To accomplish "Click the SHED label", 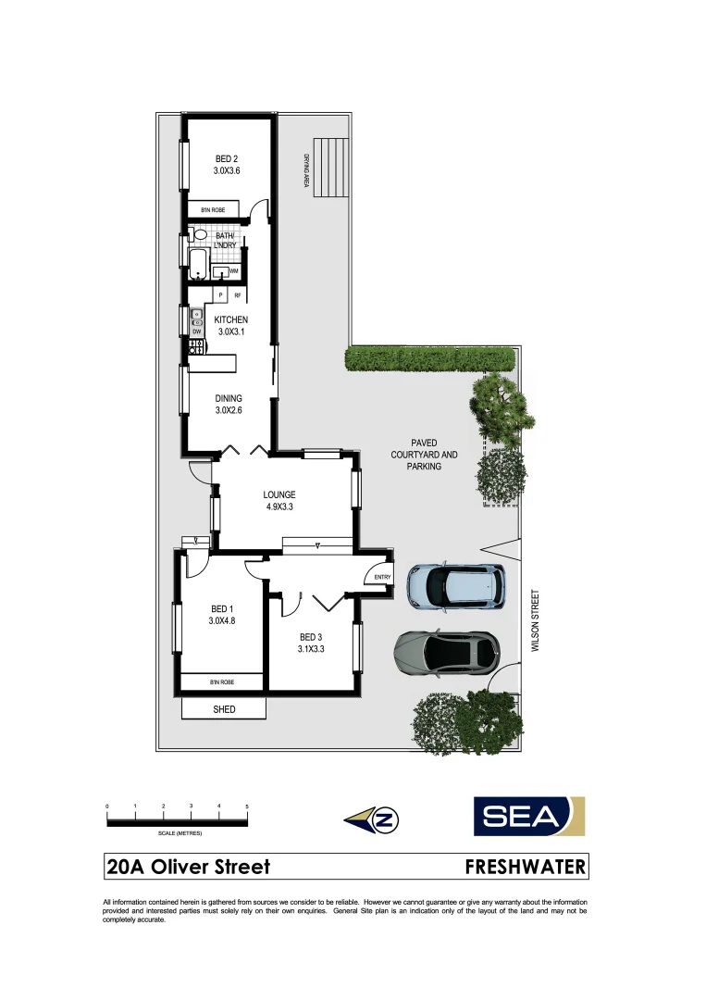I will click(224, 709).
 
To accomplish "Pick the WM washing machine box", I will click(234, 270).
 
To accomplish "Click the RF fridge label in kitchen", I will click(238, 295).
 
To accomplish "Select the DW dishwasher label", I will click(196, 331).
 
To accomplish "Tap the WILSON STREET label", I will click(534, 622).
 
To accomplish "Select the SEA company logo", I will click(529, 816).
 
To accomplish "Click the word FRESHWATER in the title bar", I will click(525, 867).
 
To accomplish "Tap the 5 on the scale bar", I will click(247, 806).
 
